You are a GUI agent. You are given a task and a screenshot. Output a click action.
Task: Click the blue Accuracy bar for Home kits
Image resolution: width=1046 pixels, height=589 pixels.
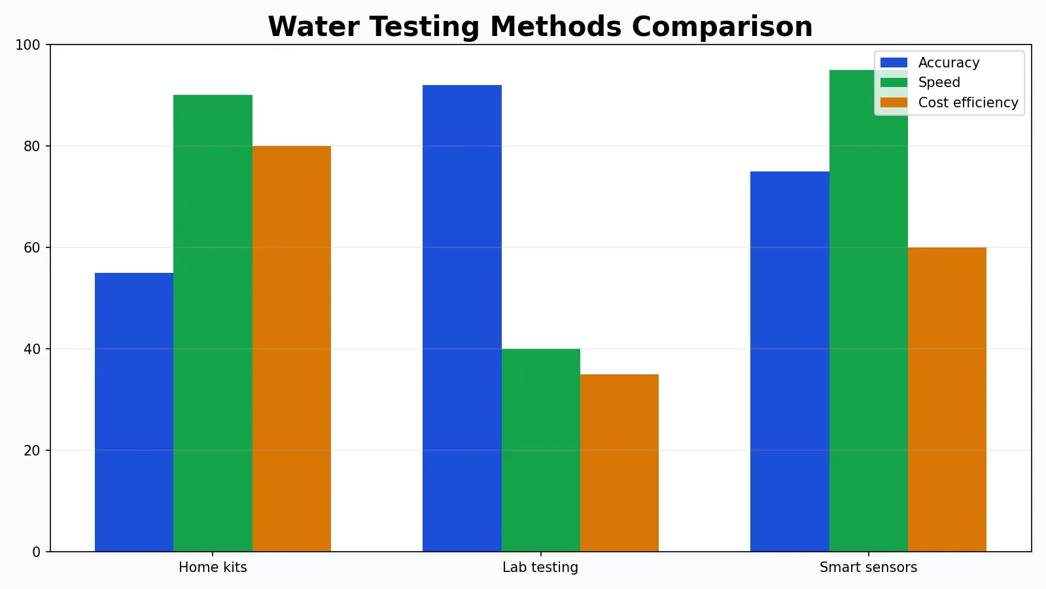pyautogui.click(x=134, y=412)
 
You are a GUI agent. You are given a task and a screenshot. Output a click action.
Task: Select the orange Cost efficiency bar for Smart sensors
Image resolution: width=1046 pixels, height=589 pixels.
pyautogui.click(x=947, y=399)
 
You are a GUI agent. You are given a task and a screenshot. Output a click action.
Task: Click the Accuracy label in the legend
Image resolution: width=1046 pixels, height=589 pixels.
pyautogui.click(x=949, y=63)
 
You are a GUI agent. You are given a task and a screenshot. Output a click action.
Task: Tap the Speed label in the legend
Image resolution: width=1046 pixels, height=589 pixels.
pyautogui.click(x=939, y=82)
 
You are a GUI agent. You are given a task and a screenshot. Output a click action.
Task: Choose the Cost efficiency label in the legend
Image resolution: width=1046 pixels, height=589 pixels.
pyautogui.click(x=968, y=103)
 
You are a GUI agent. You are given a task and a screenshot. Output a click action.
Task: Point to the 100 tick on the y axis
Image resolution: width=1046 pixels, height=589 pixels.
pyautogui.click(x=27, y=45)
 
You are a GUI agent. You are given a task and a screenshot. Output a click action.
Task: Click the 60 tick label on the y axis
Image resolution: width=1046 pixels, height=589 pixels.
pyautogui.click(x=31, y=248)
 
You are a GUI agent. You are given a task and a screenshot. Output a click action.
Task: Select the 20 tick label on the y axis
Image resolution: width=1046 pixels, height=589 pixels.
pyautogui.click(x=31, y=451)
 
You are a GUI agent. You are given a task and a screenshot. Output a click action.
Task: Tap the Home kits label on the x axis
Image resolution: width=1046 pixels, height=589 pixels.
pyautogui.click(x=213, y=567)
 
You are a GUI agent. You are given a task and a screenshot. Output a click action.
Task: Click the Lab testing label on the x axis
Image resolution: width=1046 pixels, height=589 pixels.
pyautogui.click(x=540, y=567)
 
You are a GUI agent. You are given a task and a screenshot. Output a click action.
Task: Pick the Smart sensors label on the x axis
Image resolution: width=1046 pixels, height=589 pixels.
pyautogui.click(x=868, y=567)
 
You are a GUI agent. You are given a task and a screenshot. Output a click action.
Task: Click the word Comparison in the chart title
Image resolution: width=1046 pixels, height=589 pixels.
pyautogui.click(x=722, y=27)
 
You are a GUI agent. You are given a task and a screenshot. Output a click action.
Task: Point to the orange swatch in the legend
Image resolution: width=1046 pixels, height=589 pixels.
pyautogui.click(x=894, y=103)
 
